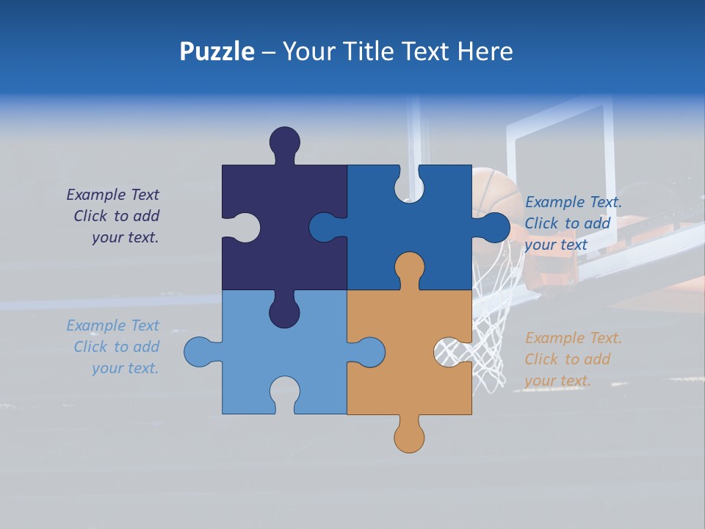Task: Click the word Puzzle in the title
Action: point(217,52)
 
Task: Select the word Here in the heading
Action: point(485,51)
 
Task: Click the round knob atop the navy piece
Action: point(285,141)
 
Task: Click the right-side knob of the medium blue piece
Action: point(495,227)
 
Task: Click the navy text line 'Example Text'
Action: point(112,195)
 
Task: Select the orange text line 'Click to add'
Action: point(567,359)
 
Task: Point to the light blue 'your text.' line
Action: point(125,368)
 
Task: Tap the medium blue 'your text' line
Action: point(556,245)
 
